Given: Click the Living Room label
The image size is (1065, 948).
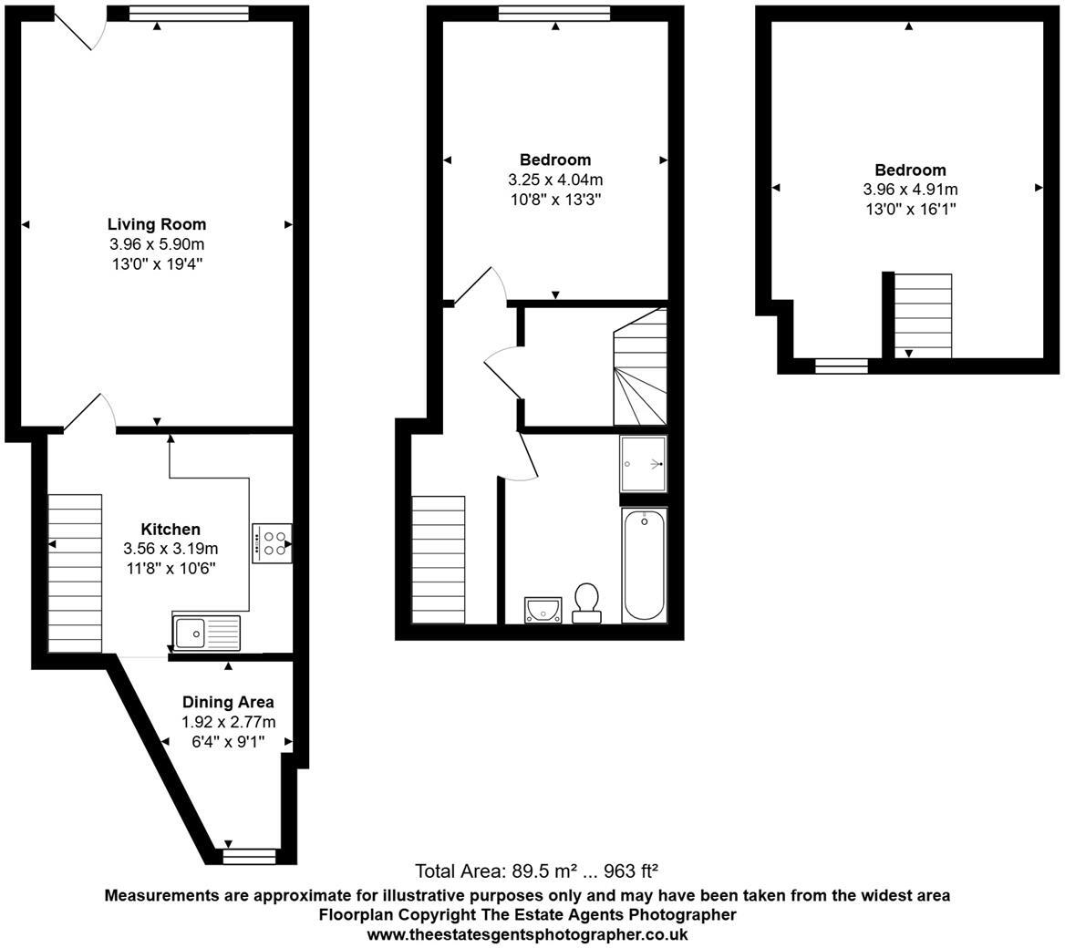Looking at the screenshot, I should pos(157,223).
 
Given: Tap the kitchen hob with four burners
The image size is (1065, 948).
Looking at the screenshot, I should pos(272,543).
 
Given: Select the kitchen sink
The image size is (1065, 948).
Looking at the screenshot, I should pos(206,633).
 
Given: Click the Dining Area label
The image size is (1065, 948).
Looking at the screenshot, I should pos(228,702).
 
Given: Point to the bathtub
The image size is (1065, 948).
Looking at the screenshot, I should pos(644,565).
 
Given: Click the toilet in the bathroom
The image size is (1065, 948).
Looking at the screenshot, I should pos(586,603).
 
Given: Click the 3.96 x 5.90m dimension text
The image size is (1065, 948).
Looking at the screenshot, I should pos(157,244).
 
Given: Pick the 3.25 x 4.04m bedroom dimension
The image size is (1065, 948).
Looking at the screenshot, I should pos(555,180).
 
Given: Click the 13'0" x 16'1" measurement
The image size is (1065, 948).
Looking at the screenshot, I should pos(910,210).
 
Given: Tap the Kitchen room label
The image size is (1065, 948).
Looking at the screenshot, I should pos(171,529).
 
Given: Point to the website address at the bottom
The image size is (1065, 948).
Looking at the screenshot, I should pos(527,934).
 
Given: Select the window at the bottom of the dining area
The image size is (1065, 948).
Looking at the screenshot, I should pos(249,856).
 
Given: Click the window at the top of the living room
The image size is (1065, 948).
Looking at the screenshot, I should pos(189,13).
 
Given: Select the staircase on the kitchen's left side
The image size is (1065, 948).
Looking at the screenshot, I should pos(75,573).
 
